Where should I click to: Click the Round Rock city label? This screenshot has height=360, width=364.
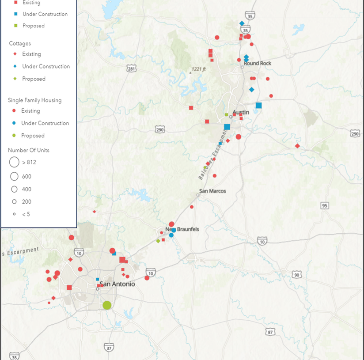[258, 63]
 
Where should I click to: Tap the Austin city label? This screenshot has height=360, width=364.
[241, 112]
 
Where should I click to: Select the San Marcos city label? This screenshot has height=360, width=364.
[212, 191]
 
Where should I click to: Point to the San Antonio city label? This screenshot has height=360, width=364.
[117, 284]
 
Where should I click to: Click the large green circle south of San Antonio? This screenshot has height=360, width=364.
[107, 305]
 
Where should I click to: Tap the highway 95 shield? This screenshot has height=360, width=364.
[325, 206]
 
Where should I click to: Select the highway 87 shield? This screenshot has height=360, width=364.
[271, 332]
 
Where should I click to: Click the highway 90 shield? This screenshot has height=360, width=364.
[297, 275]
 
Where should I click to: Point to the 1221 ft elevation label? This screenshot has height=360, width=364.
[199, 69]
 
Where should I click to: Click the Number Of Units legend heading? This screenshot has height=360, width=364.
[29, 150]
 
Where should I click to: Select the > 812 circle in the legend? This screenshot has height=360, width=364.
[14, 162]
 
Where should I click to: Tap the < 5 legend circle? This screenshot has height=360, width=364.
[14, 214]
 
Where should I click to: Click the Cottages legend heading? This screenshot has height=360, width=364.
[20, 43]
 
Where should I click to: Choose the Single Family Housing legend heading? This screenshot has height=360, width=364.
[35, 100]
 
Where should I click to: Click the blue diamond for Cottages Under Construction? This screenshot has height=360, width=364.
[15, 66]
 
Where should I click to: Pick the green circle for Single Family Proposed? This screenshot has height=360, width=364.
[14, 136]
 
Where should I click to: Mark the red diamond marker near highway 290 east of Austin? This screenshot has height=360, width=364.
[297, 146]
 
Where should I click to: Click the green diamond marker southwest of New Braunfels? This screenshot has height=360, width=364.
[158, 241]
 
